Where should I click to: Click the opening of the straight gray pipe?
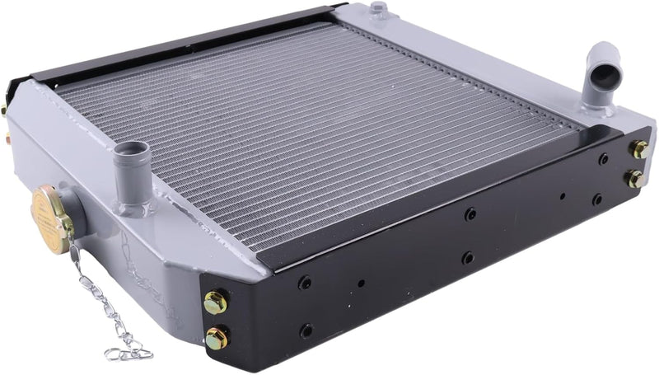coord(131,150)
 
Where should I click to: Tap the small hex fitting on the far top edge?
coord(378,10)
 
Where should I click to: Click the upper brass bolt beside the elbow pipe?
coord(639,150)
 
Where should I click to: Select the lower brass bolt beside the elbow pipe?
coord(635,178)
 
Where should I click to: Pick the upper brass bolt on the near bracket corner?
coord(216,302)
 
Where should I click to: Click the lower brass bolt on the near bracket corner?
coord(217,338)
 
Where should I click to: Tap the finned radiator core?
coord(313,132)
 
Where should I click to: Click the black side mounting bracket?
coord(428,247)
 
